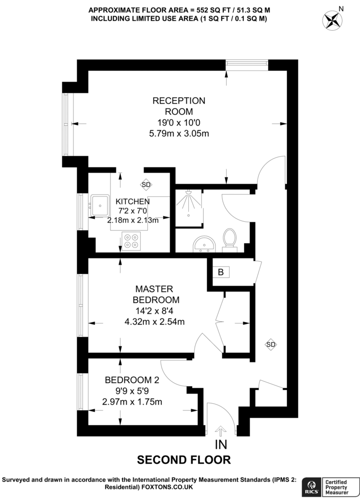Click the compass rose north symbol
(x=332, y=20)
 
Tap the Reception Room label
(x=179, y=106)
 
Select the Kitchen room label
(x=132, y=201)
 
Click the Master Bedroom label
(x=156, y=294)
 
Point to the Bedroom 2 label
(x=132, y=380)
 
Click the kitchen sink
(x=100, y=205)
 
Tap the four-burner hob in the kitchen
(x=131, y=241)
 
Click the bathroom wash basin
(x=204, y=244)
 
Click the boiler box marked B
(x=221, y=272)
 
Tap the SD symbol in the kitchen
(x=146, y=184)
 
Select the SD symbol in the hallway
(x=270, y=344)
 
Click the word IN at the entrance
(x=221, y=445)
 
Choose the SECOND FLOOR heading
(x=184, y=460)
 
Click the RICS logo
(x=310, y=486)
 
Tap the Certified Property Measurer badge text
(x=337, y=487)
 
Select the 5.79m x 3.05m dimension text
(x=179, y=134)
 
